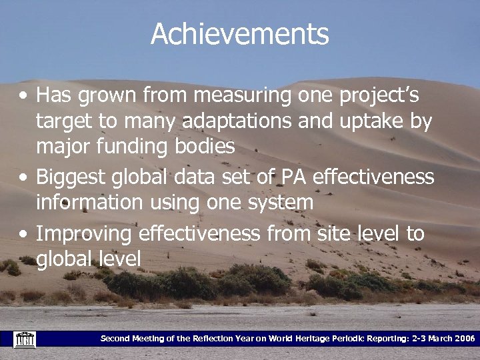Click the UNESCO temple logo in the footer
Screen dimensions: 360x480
(24, 339)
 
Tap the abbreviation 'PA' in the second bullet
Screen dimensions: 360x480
(291, 177)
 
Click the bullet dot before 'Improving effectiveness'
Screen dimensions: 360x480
(23, 235)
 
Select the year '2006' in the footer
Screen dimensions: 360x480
(461, 339)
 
